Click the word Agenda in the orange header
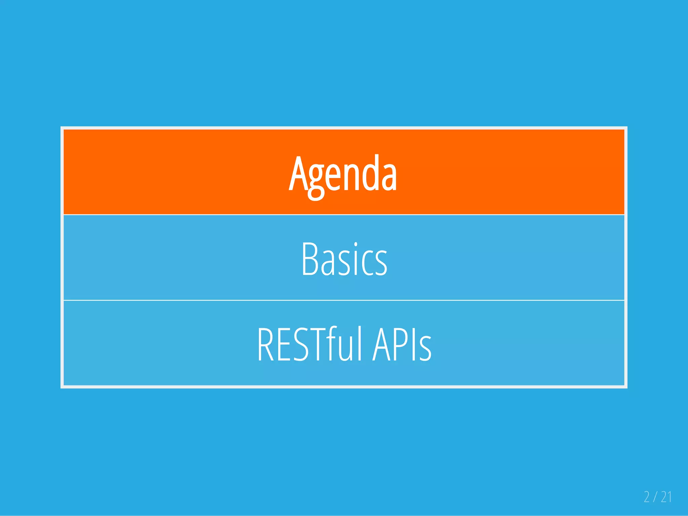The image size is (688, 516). pos(343,175)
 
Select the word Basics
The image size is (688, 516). pos(344,260)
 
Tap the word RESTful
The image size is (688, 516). pos(309,344)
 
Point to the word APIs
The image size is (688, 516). pos(402,344)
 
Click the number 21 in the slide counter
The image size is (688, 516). pos(666,497)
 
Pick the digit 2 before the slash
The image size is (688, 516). pos(647,497)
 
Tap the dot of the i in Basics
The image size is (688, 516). pos(356,244)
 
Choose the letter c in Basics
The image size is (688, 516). pos(367,264)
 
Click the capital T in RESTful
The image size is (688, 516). pos(316,344)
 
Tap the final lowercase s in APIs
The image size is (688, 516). pos(425,349)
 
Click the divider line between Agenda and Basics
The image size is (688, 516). pos(344,215)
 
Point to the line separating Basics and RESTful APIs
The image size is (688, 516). pos(344,300)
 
